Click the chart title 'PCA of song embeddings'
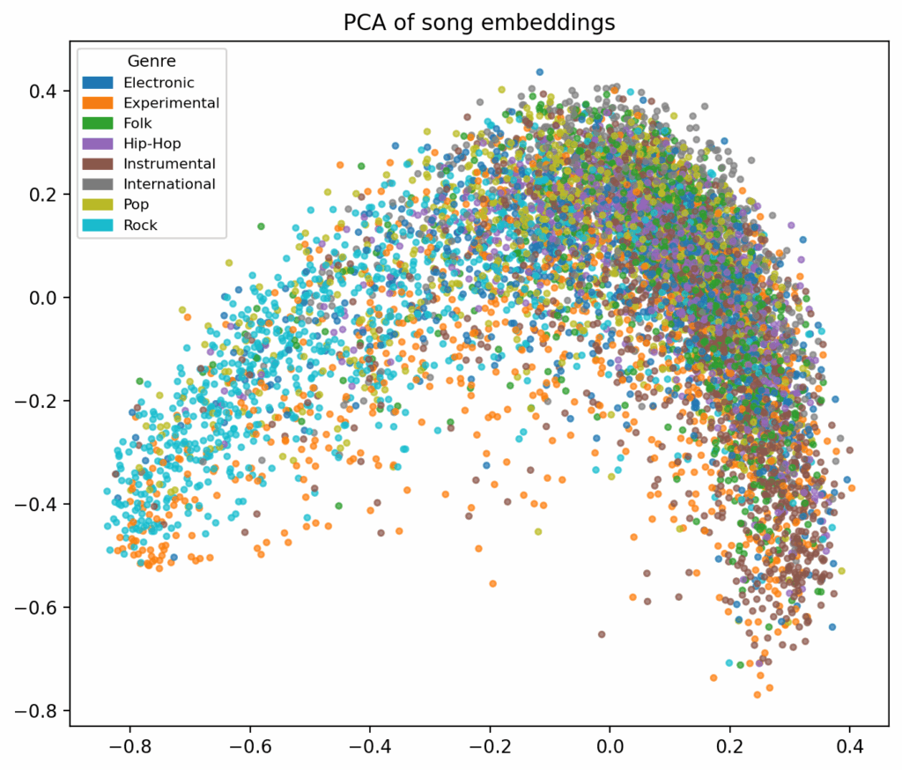tap(479, 23)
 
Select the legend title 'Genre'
tap(152, 62)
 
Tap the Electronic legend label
tap(159, 83)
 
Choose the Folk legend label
tap(138, 123)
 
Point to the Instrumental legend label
tap(170, 164)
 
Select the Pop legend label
tap(137, 204)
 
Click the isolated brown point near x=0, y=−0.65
tap(602, 633)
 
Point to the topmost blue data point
tap(540, 72)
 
